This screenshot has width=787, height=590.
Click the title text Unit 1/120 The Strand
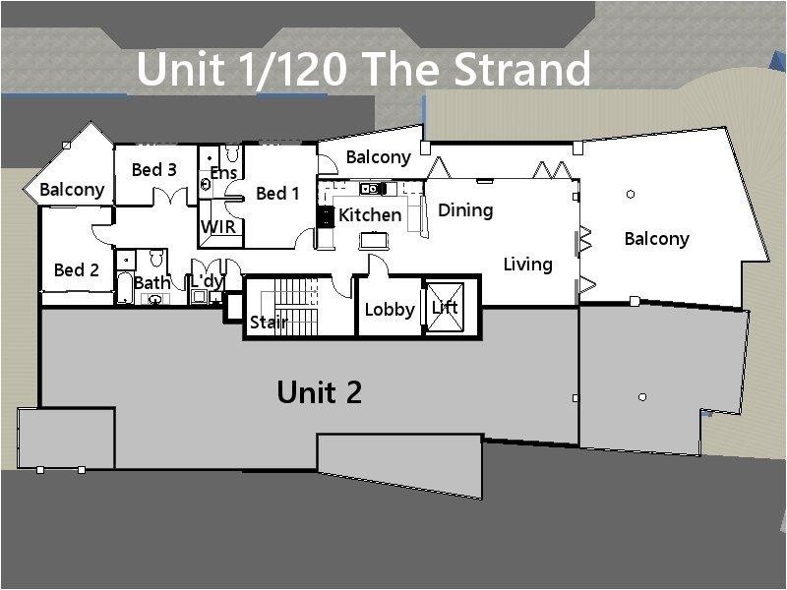[364, 69]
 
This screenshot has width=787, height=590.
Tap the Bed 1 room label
[277, 194]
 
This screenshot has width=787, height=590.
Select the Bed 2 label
[76, 269]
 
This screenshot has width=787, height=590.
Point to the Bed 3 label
[154, 170]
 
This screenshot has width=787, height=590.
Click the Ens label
[223, 174]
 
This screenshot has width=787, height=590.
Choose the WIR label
[217, 227]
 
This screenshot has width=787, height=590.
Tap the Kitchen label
[370, 214]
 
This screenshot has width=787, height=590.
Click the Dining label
[465, 209]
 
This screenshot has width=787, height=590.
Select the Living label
[528, 264]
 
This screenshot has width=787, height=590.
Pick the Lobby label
[390, 309]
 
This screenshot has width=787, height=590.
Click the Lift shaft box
[445, 306]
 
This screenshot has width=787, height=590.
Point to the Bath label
[151, 283]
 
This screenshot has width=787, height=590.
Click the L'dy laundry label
[208, 281]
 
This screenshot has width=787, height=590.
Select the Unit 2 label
[319, 392]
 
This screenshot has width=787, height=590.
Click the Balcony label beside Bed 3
[72, 190]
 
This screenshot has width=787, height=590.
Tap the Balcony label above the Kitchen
[378, 157]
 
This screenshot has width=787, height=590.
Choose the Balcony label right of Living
[656, 238]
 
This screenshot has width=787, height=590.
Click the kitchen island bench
[373, 239]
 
